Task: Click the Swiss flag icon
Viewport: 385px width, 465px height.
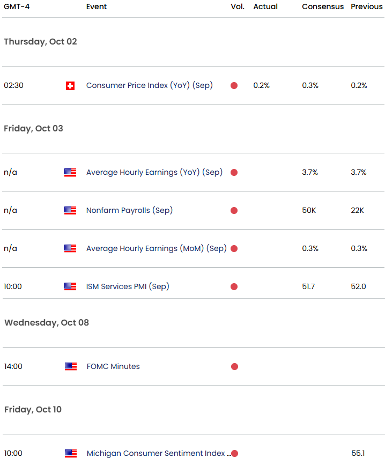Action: (x=70, y=85)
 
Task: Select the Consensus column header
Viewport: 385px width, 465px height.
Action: (x=323, y=6)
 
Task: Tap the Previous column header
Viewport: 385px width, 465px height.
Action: (x=367, y=6)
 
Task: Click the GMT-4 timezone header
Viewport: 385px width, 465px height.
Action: (x=16, y=6)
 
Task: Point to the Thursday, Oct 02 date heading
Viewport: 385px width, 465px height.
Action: (x=40, y=41)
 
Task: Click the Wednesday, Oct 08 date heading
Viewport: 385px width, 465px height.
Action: (x=47, y=322)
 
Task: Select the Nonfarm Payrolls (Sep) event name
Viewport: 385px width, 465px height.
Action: (x=129, y=210)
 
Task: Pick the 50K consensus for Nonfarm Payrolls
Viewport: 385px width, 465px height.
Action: (x=309, y=210)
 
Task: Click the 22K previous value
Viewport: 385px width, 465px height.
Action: (x=357, y=210)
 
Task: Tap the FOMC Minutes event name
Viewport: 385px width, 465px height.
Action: (x=113, y=366)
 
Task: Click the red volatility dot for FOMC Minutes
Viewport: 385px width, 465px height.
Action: (x=234, y=366)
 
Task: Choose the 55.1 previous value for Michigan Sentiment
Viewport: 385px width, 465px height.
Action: (x=358, y=453)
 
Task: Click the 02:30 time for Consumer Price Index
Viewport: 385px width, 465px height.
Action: (x=13, y=85)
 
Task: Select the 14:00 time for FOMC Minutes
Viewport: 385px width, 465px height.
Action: (x=13, y=366)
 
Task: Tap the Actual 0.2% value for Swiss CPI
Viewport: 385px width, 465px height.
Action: (x=262, y=85)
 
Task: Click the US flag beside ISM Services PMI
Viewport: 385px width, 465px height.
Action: (x=70, y=286)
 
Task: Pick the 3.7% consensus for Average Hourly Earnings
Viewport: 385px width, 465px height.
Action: (x=310, y=172)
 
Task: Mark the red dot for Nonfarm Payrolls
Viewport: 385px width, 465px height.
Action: (x=234, y=210)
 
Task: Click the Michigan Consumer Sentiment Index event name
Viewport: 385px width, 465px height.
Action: (x=156, y=453)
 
